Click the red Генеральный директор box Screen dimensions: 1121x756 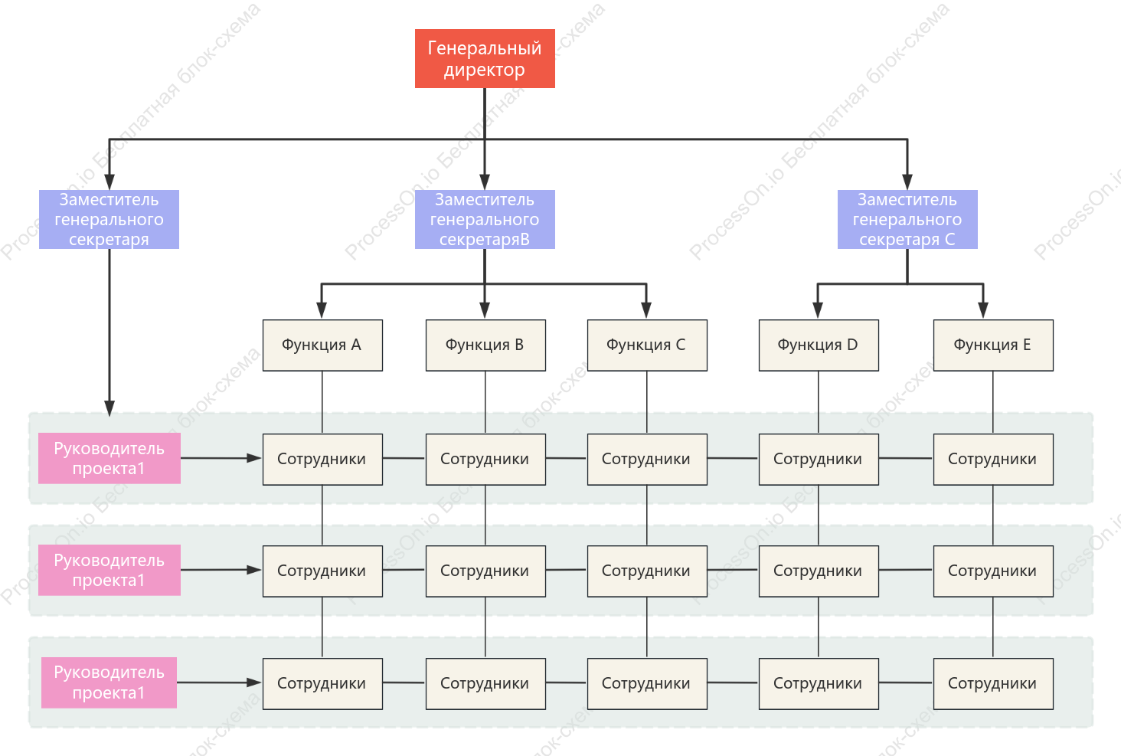pyautogui.click(x=485, y=58)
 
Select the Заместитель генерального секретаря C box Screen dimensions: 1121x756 pyautogui.click(x=907, y=219)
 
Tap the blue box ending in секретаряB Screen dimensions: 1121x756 pyautogui.click(x=485, y=219)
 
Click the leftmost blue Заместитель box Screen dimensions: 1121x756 pyautogui.click(x=109, y=219)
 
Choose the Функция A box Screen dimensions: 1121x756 pyautogui.click(x=322, y=345)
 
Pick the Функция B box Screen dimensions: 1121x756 pyautogui.click(x=485, y=345)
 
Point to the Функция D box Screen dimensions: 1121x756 pyautogui.click(x=819, y=345)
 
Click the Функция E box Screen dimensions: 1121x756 pyautogui.click(x=993, y=345)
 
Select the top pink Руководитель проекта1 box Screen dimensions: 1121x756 pyautogui.click(x=109, y=458)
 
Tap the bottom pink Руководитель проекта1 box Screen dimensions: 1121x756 pyautogui.click(x=109, y=682)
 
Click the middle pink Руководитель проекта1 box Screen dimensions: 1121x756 pyautogui.click(x=109, y=570)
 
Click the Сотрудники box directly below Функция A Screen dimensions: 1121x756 pyautogui.click(x=322, y=459)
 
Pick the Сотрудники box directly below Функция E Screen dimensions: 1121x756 pyautogui.click(x=993, y=459)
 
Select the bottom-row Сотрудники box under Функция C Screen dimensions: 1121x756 pyautogui.click(x=647, y=683)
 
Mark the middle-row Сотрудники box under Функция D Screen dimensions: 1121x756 pyautogui.click(x=819, y=571)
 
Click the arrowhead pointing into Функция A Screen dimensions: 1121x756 pyautogui.click(x=322, y=310)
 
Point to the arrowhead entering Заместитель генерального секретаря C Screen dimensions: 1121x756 pyautogui.click(x=907, y=182)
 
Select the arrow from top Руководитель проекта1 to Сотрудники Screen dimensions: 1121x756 pyautogui.click(x=221, y=458)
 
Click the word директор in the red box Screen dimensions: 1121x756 pyautogui.click(x=485, y=70)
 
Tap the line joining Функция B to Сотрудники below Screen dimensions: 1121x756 pyautogui.click(x=485, y=403)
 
